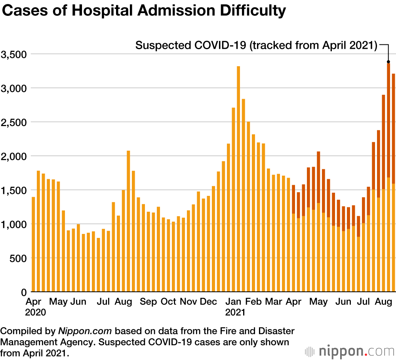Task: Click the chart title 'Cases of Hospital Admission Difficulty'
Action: coord(144,11)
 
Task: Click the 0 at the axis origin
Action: coord(23,292)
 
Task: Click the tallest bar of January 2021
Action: coord(238,178)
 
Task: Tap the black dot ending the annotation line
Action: coord(388,62)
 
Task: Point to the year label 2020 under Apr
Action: coord(36,312)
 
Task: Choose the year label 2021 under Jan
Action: coord(236,312)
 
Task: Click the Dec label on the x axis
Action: coord(208,302)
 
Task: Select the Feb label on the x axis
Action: coord(253,302)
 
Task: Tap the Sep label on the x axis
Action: coord(148,302)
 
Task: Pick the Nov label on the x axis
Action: coord(188,302)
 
